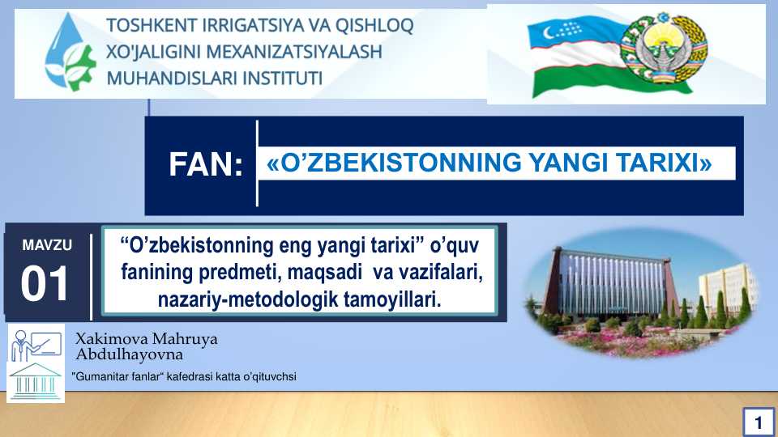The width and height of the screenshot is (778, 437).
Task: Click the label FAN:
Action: click(x=206, y=165)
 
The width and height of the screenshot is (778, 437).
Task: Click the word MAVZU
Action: click(x=46, y=244)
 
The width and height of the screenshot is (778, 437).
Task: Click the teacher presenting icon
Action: click(x=36, y=343)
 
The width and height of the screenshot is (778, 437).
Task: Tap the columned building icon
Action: click(x=35, y=382)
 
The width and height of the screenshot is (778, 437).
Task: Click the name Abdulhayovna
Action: click(x=129, y=354)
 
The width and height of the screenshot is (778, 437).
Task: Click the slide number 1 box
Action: click(x=758, y=422)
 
